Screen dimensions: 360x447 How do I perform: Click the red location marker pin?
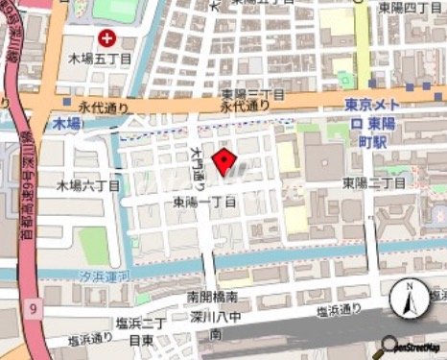[225, 162]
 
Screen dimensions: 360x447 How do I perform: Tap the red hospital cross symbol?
[106, 39]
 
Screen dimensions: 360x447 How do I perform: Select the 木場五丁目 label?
[97, 60]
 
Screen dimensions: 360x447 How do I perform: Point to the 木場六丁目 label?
[88, 184]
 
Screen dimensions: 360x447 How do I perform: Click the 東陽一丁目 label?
[204, 203]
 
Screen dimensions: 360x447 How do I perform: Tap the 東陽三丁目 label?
[253, 94]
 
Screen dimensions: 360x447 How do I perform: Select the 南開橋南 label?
[207, 298]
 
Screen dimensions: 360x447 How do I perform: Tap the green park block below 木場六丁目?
[93, 245]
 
